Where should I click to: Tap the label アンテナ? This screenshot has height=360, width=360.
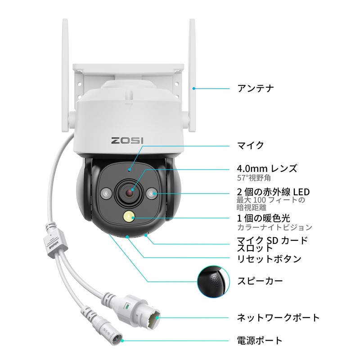tap(255, 88)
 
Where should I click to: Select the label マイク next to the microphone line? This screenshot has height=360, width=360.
tap(250, 145)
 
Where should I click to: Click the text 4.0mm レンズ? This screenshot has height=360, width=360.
tap(267, 169)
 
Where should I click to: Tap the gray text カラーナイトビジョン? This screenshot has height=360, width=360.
tap(274, 228)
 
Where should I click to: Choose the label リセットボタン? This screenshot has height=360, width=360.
tap(269, 259)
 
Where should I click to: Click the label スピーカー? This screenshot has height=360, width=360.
tap(260, 282)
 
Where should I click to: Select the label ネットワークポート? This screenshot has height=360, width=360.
tap(278, 318)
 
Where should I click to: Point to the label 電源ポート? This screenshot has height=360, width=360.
tap(260, 340)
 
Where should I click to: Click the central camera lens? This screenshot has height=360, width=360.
tap(130, 192)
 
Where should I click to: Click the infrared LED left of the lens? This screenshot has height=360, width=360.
tap(107, 194)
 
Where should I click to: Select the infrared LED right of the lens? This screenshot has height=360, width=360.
tap(153, 194)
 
